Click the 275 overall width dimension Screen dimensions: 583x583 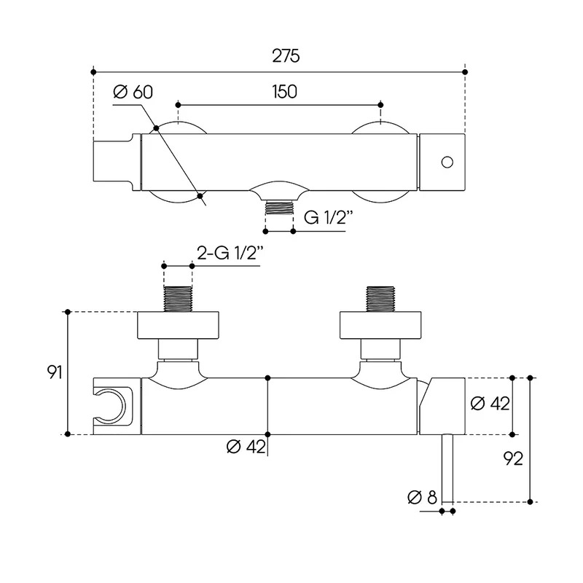286,56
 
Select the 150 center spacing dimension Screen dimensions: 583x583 284,92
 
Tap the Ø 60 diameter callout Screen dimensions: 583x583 133,92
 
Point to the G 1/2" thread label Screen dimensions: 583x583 328,217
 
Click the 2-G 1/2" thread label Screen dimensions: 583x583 230,253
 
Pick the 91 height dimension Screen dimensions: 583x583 54,372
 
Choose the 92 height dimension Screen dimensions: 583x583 513,458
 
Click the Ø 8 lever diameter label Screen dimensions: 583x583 422,497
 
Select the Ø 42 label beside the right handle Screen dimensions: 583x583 490,404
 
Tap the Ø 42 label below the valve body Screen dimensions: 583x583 246,447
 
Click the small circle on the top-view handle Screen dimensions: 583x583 447,163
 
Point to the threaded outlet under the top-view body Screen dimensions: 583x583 279,208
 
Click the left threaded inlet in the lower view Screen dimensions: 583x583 178,299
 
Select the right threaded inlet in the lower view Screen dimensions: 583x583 380,299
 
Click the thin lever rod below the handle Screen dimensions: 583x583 447,468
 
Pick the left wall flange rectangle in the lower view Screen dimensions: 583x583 178,325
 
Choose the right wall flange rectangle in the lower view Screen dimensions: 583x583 380,325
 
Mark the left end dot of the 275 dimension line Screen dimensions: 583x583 93,72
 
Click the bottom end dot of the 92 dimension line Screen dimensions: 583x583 531,502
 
